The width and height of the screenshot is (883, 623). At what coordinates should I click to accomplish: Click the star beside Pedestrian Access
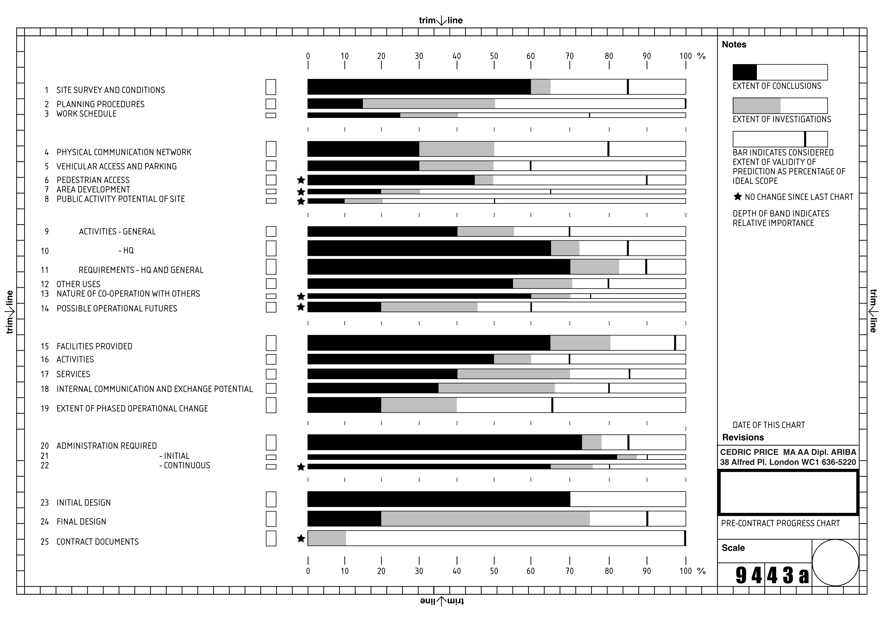301,180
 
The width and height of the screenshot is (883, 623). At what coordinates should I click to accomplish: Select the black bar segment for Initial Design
438,499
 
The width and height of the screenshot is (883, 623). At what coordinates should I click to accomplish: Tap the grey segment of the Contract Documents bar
327,538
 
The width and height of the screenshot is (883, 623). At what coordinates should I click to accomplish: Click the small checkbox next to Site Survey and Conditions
271,87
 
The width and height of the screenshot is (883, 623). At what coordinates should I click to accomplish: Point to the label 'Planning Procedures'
100,104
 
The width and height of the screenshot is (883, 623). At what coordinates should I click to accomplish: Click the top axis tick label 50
494,56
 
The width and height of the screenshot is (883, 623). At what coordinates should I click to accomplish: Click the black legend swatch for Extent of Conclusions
745,72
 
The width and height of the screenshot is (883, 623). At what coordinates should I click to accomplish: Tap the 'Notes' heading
734,45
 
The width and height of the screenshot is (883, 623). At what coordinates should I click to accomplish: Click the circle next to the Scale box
835,563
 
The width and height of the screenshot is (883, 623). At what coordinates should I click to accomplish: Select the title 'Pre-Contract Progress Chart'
780,523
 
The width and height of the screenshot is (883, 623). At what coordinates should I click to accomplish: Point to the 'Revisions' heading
743,437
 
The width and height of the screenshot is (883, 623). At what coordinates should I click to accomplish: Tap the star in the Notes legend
737,197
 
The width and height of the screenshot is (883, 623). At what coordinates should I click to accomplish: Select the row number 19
45,408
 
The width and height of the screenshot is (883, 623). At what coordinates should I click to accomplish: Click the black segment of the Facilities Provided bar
429,343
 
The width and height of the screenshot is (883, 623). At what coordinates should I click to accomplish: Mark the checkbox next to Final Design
271,519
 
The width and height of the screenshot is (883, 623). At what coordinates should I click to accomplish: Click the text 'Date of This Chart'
768,425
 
